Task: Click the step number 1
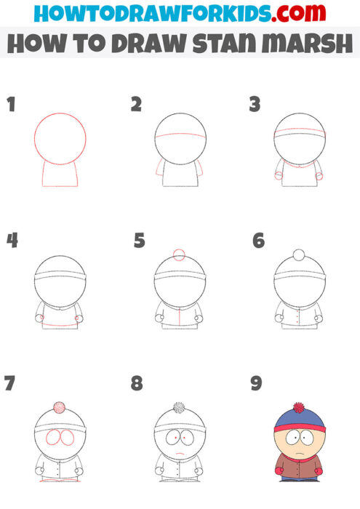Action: pyautogui.click(x=11, y=104)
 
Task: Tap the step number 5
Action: pyautogui.click(x=140, y=240)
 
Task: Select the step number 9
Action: pyautogui.click(x=256, y=383)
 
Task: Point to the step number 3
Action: pyautogui.click(x=255, y=104)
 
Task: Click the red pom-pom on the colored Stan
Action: pyautogui.click(x=297, y=408)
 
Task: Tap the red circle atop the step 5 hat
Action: pyautogui.click(x=180, y=255)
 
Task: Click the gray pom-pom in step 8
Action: pyautogui.click(x=179, y=408)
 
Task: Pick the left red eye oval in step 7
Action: pyautogui.click(x=53, y=438)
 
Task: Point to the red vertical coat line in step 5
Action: pyautogui.click(x=180, y=316)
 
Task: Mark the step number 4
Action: pyautogui.click(x=12, y=240)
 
